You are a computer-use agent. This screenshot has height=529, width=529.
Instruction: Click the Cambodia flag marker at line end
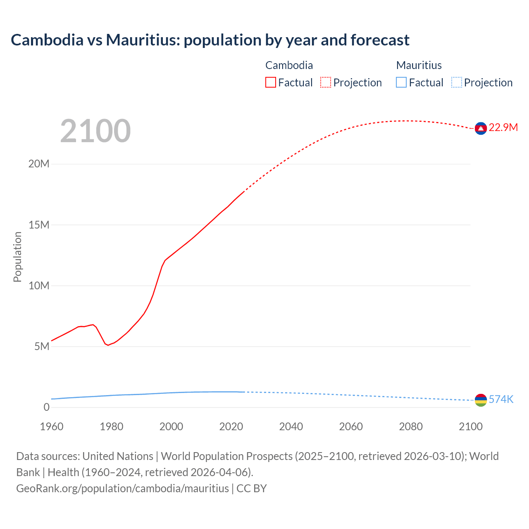point(480,129)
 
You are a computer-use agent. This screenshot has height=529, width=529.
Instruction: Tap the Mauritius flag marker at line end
point(480,400)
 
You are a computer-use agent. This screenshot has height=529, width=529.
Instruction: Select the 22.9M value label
point(503,127)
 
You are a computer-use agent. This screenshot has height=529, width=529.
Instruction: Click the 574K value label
point(501,399)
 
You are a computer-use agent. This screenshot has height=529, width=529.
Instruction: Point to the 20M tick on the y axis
point(39,164)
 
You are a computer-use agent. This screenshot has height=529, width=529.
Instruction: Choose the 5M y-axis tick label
point(42,346)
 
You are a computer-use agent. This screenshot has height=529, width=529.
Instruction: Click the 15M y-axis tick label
point(39,225)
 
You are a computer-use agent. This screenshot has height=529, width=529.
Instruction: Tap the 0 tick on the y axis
point(46,407)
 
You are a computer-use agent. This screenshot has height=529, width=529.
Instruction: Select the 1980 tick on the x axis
point(111,427)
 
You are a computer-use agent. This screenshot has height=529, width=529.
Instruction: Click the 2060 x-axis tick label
point(351,427)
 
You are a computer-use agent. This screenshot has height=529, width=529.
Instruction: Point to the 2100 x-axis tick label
point(470,427)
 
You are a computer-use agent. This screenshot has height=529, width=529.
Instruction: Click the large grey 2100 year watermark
point(95,131)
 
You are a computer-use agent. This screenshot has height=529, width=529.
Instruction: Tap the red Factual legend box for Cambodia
point(271,83)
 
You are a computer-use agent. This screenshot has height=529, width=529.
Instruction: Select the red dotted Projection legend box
point(326,83)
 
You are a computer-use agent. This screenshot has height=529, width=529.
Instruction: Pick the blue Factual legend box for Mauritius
point(401,83)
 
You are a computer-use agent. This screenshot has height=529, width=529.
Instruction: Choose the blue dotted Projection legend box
point(456,83)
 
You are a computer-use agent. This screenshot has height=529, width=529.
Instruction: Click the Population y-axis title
point(17,257)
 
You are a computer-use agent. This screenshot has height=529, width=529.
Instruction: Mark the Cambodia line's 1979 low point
point(108,345)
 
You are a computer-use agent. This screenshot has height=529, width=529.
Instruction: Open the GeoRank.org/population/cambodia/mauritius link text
point(122,488)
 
